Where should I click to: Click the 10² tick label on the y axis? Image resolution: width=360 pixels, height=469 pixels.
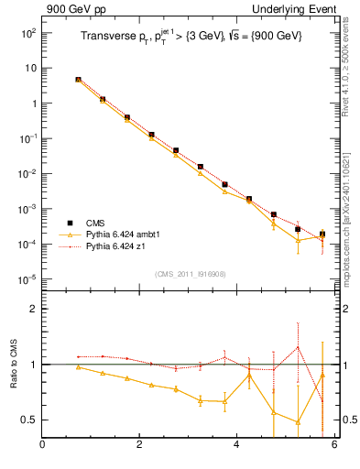28,33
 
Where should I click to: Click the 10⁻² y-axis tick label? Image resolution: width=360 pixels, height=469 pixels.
28,174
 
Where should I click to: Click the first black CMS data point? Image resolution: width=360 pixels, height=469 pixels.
79,80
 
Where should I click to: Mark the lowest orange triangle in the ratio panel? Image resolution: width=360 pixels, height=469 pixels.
298,422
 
